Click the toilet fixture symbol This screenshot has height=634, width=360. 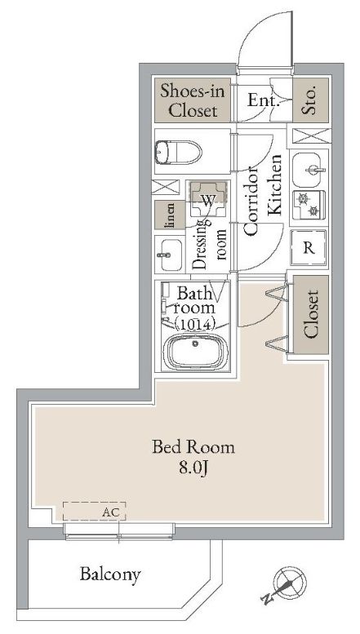tap(178, 152)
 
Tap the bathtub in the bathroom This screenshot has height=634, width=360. tap(196, 352)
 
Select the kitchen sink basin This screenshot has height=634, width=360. tap(309, 170)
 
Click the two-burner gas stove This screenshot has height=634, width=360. tap(309, 205)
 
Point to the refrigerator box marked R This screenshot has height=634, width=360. tap(309, 248)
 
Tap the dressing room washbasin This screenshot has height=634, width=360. tap(169, 255)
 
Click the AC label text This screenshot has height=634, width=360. tap(110, 512)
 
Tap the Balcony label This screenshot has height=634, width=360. tap(110, 574)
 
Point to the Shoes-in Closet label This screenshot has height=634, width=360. tap(193, 100)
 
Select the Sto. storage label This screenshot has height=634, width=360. tap(310, 100)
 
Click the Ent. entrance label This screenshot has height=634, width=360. tap(264, 100)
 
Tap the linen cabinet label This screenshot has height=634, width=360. tap(171, 215)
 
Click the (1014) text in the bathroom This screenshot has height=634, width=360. tap(195, 324)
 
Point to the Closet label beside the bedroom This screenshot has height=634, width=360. tap(311, 314)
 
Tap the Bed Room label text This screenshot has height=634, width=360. tap(193, 447)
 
